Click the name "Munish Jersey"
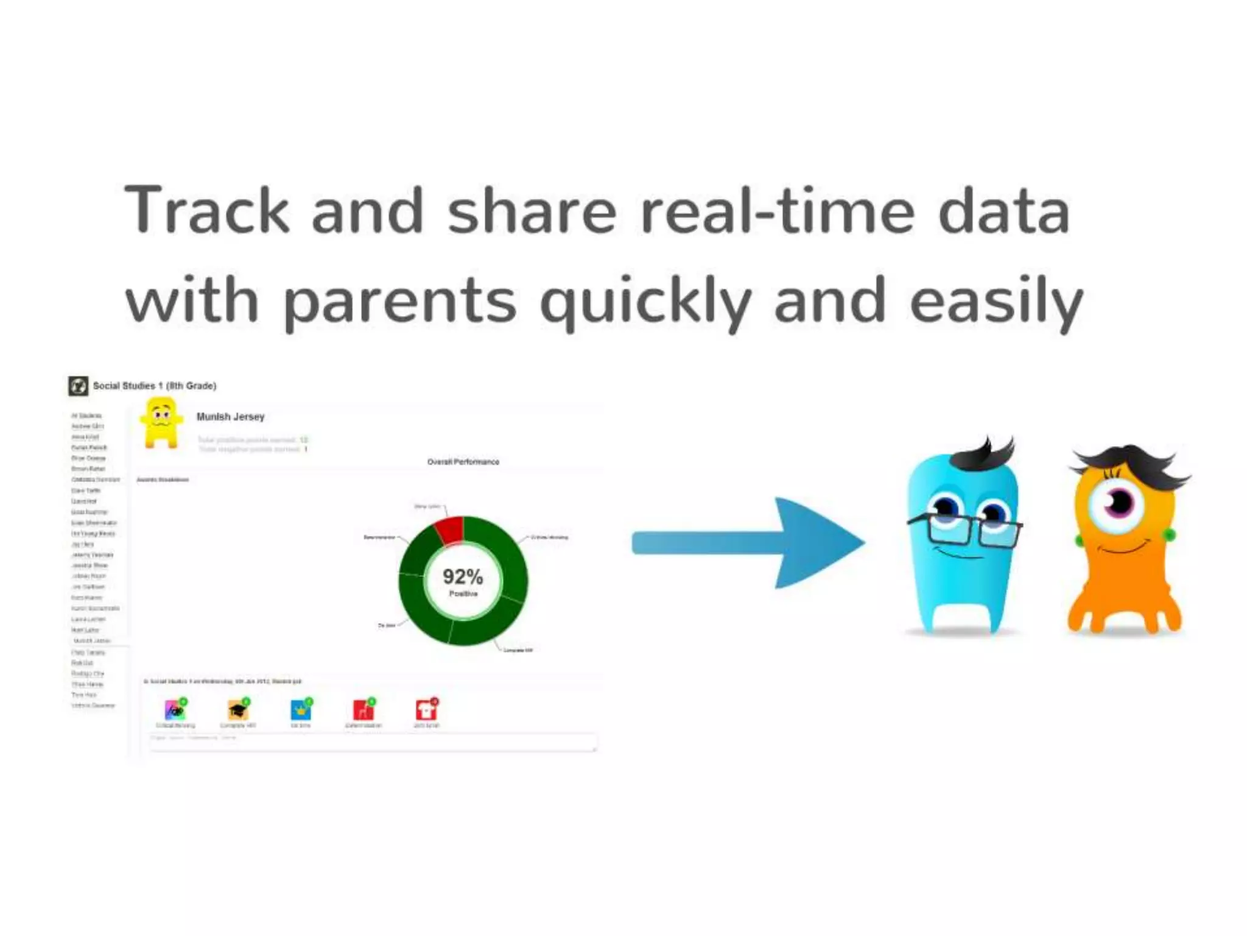point(230,417)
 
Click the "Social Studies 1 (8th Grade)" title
point(155,386)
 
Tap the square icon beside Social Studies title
point(78,386)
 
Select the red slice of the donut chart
point(450,529)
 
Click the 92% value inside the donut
point(463,576)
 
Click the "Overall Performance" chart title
point(463,462)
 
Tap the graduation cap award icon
point(237,710)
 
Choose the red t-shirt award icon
point(426,710)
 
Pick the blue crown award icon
point(300,710)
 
